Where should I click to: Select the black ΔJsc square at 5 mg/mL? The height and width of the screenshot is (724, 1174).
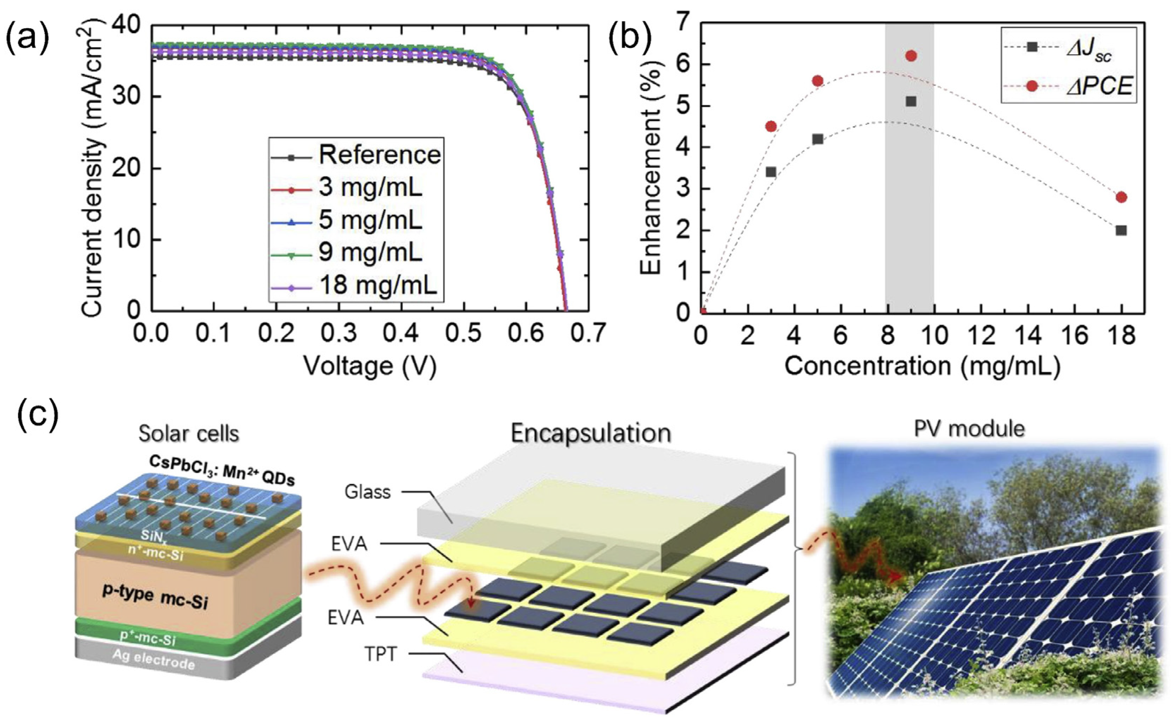[x=817, y=139]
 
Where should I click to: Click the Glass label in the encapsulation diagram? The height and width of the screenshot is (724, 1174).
[x=367, y=492]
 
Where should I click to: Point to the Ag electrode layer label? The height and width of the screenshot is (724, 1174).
[x=153, y=660]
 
